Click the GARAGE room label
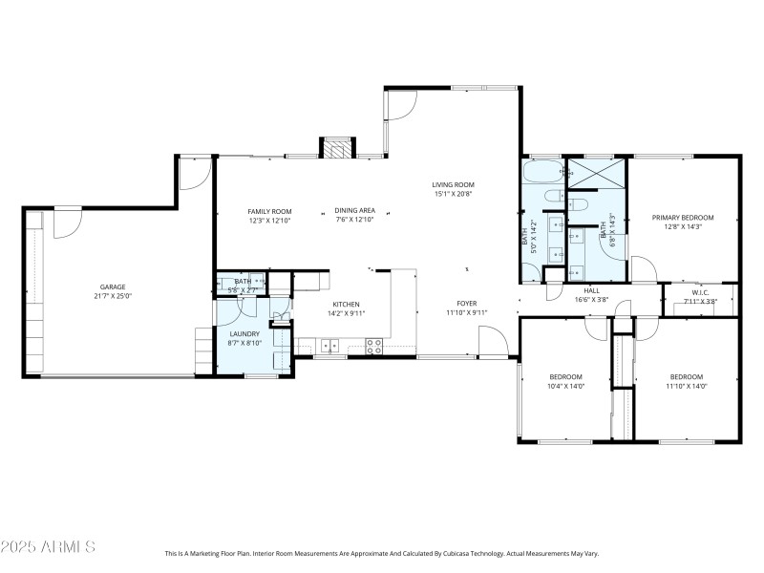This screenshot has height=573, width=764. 113,286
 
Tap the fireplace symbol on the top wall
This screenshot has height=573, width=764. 336,149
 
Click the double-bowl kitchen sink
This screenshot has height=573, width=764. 329,344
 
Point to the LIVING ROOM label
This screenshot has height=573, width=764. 453,184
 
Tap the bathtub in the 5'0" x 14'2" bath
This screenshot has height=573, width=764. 541,173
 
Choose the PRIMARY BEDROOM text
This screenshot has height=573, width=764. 683,218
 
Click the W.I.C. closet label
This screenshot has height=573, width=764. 699,292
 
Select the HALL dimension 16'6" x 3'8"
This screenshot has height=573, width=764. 591,300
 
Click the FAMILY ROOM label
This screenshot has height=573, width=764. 269,211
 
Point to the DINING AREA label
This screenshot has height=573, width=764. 354,211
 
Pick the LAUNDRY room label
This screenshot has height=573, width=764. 244,333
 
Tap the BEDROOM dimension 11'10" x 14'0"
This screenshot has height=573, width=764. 686,386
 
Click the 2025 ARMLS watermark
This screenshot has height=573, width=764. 48,547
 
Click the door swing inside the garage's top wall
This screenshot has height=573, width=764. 67,223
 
